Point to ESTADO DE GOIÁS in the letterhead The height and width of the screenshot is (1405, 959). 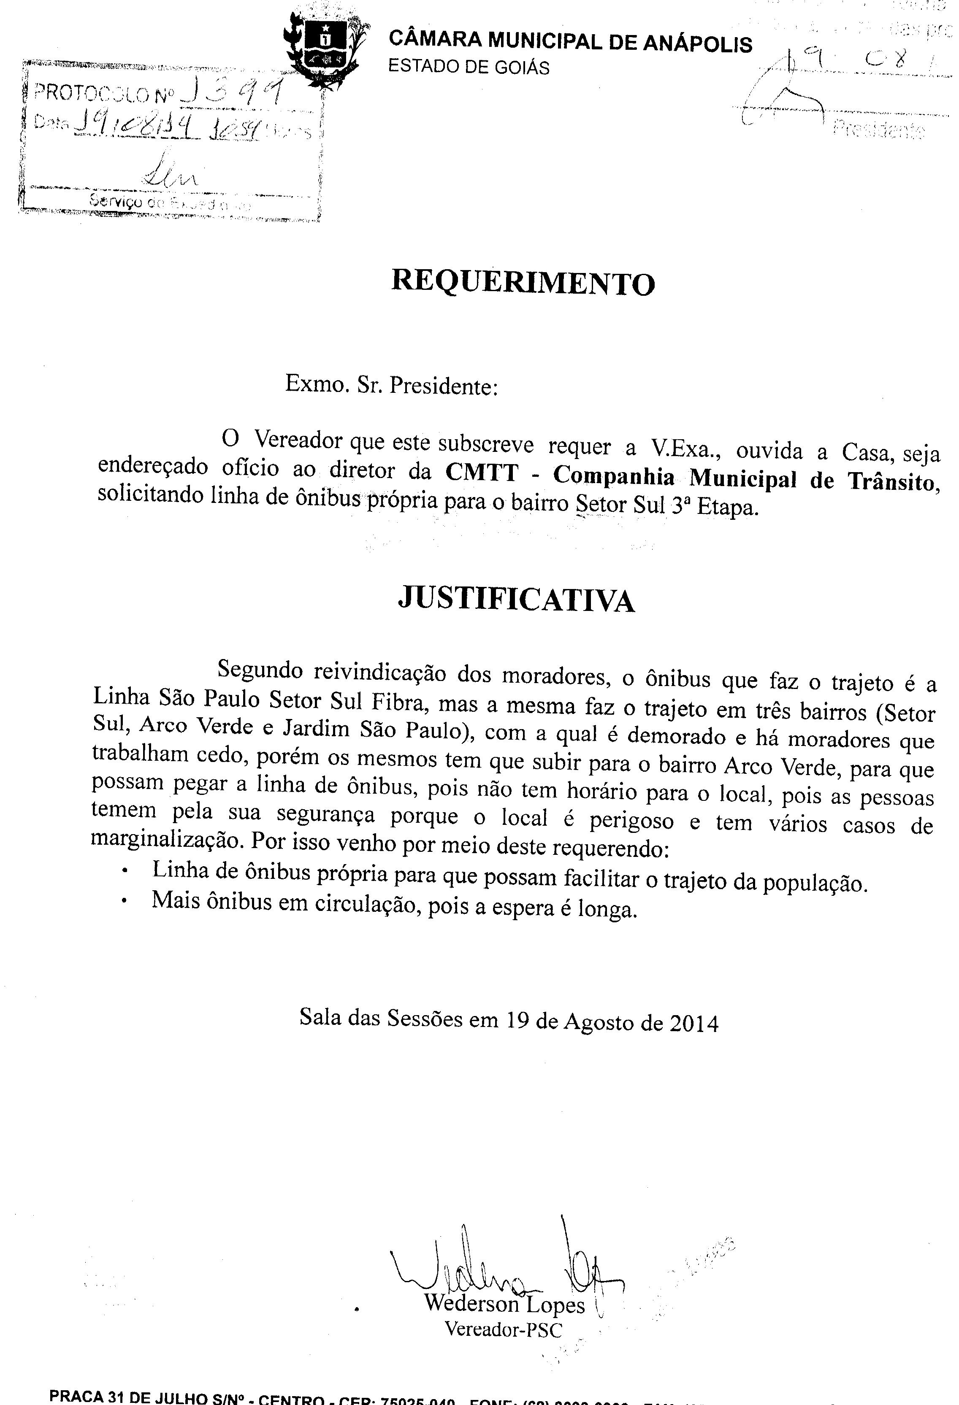(x=469, y=67)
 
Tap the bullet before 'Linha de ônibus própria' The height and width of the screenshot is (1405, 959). (x=125, y=871)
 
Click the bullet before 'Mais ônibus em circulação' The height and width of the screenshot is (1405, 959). (x=124, y=901)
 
